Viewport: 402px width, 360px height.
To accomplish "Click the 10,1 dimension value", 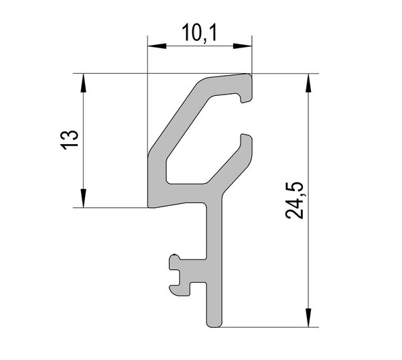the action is pos(199,33).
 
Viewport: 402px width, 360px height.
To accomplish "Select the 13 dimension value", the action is pos(69,140).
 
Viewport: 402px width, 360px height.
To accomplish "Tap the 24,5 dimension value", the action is pos(295,200).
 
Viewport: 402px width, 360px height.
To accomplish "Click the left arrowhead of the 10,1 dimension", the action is pos(157,46).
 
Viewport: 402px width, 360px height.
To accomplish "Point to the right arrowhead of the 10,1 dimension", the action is pos(243,46).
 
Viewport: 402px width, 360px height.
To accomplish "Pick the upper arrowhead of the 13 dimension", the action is pos(83,83).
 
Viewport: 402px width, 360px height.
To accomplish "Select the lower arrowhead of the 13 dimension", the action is pos(83,198).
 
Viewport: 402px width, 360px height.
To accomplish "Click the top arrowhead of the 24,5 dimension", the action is pos(309,83).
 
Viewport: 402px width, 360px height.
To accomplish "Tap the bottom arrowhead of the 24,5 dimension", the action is pos(309,318).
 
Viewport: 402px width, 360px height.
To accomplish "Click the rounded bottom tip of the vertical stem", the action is pos(214,325).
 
